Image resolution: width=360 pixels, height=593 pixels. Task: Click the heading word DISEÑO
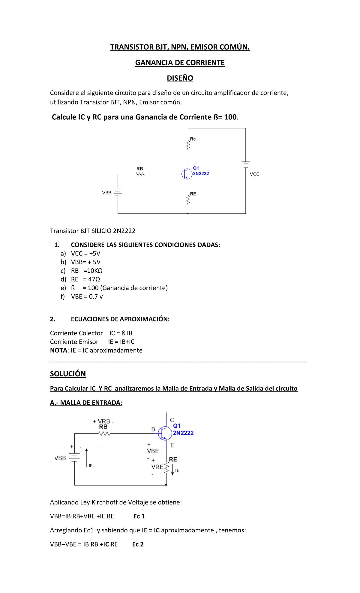click(180, 78)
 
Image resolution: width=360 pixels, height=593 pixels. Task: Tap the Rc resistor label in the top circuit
click(193, 139)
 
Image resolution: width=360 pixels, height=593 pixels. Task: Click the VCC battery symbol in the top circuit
click(245, 164)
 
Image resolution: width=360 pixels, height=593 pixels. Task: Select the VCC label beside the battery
click(254, 174)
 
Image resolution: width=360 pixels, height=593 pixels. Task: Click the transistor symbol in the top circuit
click(187, 174)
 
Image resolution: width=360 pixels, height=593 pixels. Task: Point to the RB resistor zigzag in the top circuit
click(140, 174)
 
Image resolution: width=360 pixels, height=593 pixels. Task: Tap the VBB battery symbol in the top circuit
click(118, 192)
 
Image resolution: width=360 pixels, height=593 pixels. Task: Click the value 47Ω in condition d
click(94, 279)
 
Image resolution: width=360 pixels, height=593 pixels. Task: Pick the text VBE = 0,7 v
click(87, 296)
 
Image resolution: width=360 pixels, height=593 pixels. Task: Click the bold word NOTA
click(59, 351)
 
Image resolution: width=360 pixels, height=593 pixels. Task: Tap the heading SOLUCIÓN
click(68, 374)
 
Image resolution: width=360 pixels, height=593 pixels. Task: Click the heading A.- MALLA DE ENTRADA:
click(86, 403)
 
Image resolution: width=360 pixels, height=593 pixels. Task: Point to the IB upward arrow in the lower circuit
click(86, 458)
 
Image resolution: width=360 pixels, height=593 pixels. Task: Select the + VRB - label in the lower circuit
click(103, 421)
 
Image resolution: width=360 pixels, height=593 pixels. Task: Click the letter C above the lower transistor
click(172, 420)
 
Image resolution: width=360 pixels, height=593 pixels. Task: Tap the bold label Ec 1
click(139, 516)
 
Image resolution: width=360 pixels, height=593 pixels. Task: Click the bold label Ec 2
click(138, 544)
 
